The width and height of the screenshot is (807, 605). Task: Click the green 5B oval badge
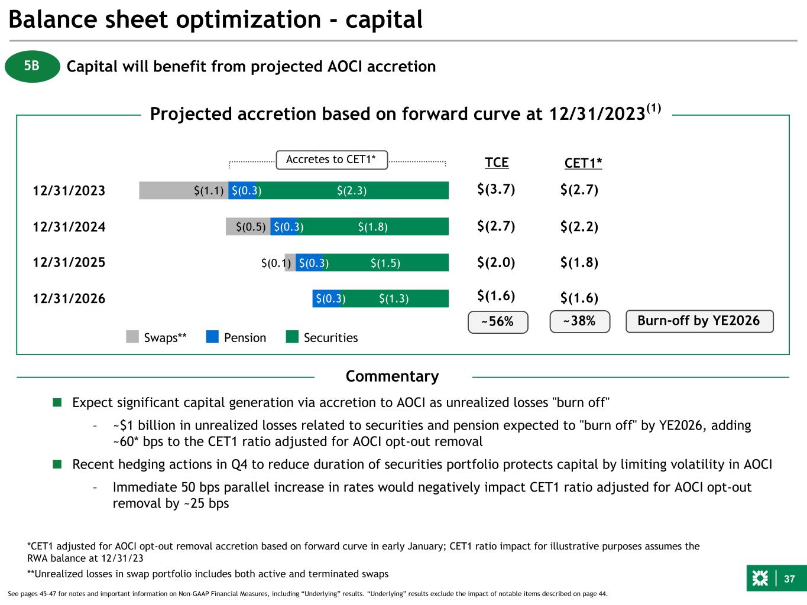point(33,66)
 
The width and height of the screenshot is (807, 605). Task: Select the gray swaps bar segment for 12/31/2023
point(183,190)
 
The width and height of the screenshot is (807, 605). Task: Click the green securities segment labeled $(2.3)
point(352,190)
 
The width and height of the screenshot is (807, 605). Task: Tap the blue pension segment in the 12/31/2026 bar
point(326,298)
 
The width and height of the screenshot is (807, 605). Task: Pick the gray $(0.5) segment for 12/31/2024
point(248,226)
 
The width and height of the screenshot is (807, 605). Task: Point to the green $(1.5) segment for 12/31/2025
point(385,262)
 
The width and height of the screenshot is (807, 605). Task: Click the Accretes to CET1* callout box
point(332,160)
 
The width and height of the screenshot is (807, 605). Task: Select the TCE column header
point(497,162)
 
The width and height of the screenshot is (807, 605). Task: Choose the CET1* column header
point(583,162)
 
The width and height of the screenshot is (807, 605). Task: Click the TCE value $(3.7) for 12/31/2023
point(496,189)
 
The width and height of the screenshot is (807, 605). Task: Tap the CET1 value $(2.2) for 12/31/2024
point(579,226)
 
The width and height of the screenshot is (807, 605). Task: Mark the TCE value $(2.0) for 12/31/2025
point(496,262)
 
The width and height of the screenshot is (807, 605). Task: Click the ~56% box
point(498,322)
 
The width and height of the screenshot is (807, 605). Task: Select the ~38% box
point(580,321)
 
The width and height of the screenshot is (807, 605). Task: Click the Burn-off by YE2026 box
point(699,321)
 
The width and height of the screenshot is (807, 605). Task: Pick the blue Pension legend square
point(212,337)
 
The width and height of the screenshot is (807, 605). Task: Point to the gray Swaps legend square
point(132,337)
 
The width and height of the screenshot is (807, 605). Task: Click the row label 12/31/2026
point(69,298)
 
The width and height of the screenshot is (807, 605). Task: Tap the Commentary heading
point(393,376)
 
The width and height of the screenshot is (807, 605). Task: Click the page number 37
point(789,579)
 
